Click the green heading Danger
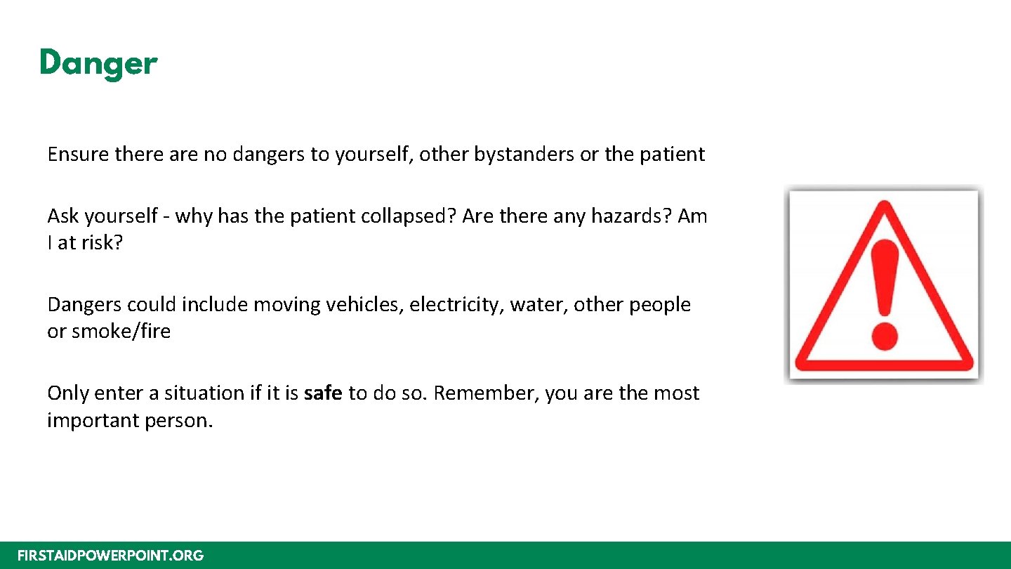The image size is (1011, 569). tap(98, 63)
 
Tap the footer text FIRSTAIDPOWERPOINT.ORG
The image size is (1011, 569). tap(110, 556)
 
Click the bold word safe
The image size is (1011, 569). tap(323, 393)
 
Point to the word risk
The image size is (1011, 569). tap(100, 243)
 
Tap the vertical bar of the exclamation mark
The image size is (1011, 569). tap(883, 277)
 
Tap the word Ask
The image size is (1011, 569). tap(63, 216)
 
